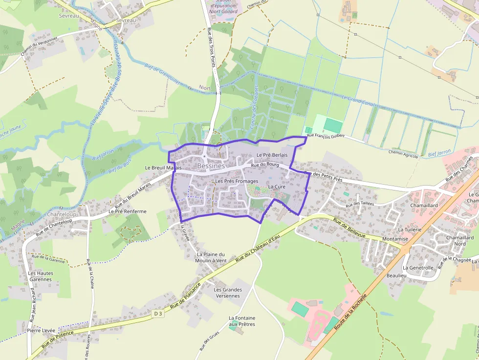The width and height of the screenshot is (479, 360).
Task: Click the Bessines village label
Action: (211, 166)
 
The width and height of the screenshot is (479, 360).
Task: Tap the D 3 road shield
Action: (157, 313)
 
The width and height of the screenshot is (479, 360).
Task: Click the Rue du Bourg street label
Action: (264, 165)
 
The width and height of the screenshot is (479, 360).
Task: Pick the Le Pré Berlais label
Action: (272, 155)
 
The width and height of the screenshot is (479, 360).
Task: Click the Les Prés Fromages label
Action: (237, 181)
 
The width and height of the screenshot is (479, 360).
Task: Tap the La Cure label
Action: (277, 187)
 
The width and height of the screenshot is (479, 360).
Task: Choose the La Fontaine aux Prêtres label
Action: (242, 321)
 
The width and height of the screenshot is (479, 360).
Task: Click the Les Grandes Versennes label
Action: (228, 293)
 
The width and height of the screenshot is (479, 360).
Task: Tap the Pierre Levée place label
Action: (41, 331)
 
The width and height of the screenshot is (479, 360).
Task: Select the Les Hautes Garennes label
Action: (41, 276)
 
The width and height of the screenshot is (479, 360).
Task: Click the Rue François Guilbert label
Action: (326, 135)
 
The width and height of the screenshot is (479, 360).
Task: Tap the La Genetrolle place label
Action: (418, 268)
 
